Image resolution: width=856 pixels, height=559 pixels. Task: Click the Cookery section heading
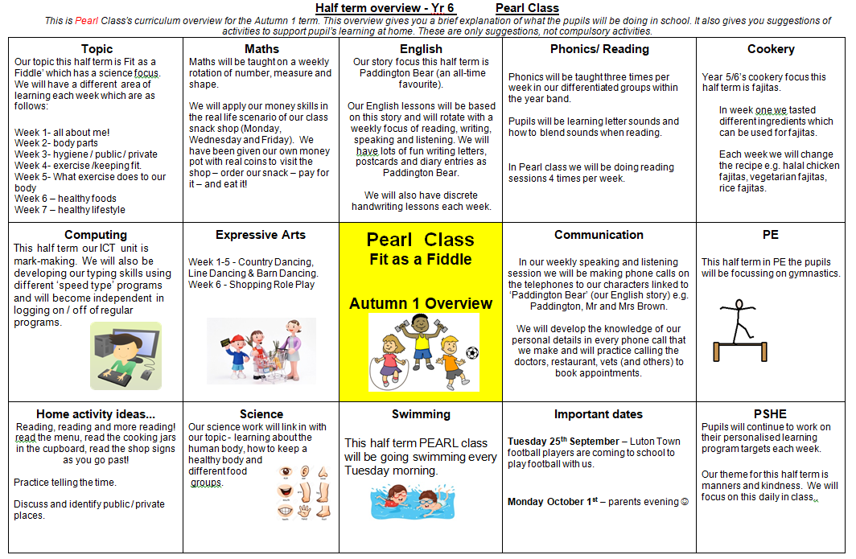click(770, 49)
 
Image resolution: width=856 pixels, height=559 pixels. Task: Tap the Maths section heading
click(261, 49)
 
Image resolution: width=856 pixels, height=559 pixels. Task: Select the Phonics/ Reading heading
click(599, 49)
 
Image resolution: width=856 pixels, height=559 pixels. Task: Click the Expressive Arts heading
click(261, 235)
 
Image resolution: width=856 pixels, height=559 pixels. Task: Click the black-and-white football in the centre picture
click(471, 352)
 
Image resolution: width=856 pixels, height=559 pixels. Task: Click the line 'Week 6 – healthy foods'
click(65, 199)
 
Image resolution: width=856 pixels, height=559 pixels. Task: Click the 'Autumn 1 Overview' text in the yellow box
click(420, 303)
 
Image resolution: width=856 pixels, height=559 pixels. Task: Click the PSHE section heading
click(770, 414)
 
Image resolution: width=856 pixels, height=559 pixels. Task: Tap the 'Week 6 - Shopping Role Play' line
click(251, 285)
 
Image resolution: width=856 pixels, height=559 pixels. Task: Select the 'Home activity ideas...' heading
click(95, 414)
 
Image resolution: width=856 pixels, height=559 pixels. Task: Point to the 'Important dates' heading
click(599, 414)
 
